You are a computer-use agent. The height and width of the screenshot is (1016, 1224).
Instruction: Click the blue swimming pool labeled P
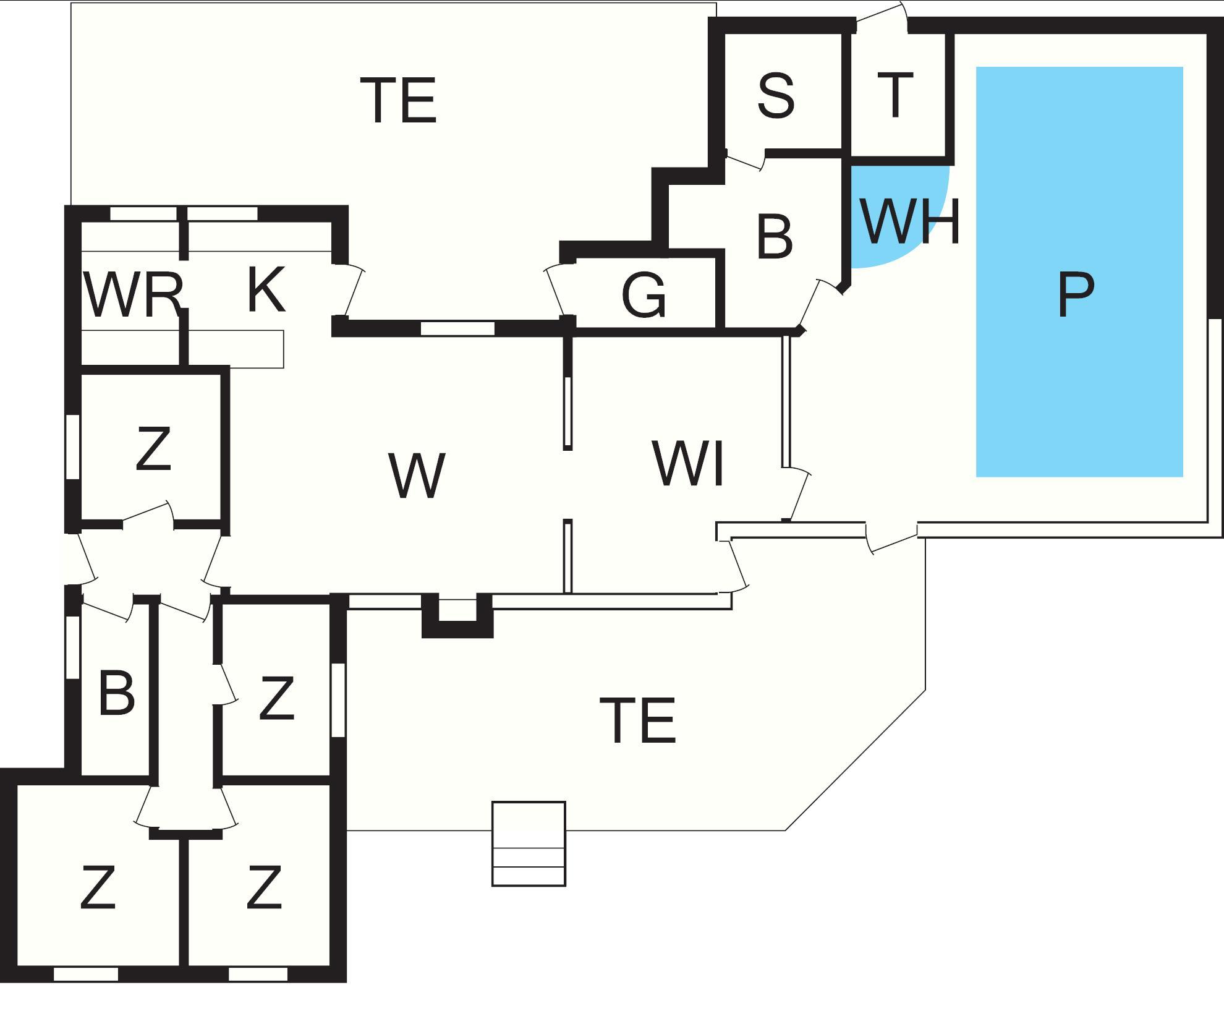click(1079, 272)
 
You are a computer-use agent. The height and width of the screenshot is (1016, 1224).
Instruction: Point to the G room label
click(644, 296)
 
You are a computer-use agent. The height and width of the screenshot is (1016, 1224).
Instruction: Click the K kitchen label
click(266, 289)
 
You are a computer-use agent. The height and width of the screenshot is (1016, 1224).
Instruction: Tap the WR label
click(132, 296)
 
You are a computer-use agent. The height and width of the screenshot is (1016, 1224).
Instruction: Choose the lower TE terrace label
click(638, 720)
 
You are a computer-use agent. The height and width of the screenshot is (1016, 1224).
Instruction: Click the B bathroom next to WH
click(774, 236)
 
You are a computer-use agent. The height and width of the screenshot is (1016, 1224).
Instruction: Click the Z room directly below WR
click(153, 449)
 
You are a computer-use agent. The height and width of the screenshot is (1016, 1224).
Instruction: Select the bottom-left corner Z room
click(98, 887)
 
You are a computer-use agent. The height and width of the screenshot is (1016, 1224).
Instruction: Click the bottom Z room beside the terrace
click(265, 887)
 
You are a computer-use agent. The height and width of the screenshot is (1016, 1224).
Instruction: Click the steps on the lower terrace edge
click(529, 843)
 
